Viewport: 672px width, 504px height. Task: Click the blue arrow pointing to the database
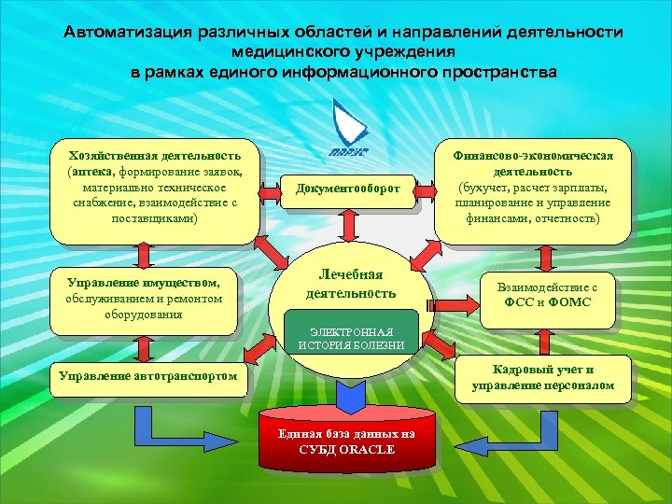click(x=349, y=393)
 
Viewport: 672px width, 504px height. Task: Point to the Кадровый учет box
click(x=542, y=378)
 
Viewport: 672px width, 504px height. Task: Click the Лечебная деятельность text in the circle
click(x=351, y=284)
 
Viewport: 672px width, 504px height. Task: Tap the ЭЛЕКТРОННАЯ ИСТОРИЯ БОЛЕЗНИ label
click(x=352, y=338)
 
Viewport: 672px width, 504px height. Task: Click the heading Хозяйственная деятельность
click(x=148, y=155)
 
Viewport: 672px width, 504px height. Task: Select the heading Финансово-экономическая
click(x=533, y=155)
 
